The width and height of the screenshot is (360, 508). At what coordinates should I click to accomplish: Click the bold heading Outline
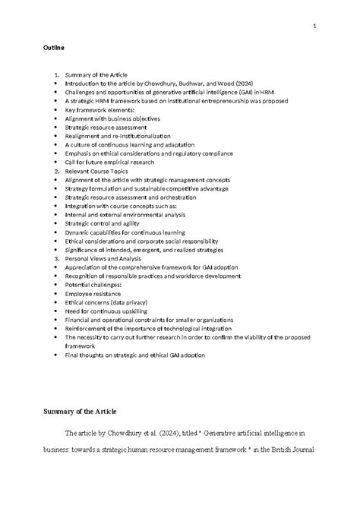(53, 48)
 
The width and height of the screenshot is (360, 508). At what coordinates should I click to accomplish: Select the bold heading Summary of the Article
(79, 412)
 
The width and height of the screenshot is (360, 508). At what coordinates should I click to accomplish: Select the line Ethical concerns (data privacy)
(105, 302)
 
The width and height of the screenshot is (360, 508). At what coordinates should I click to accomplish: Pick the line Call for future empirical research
(109, 162)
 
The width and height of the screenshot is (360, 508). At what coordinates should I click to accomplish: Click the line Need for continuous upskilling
(106, 311)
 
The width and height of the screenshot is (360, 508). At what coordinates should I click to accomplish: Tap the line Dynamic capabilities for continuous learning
(125, 232)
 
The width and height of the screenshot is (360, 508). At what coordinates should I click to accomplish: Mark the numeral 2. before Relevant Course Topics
(56, 171)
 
